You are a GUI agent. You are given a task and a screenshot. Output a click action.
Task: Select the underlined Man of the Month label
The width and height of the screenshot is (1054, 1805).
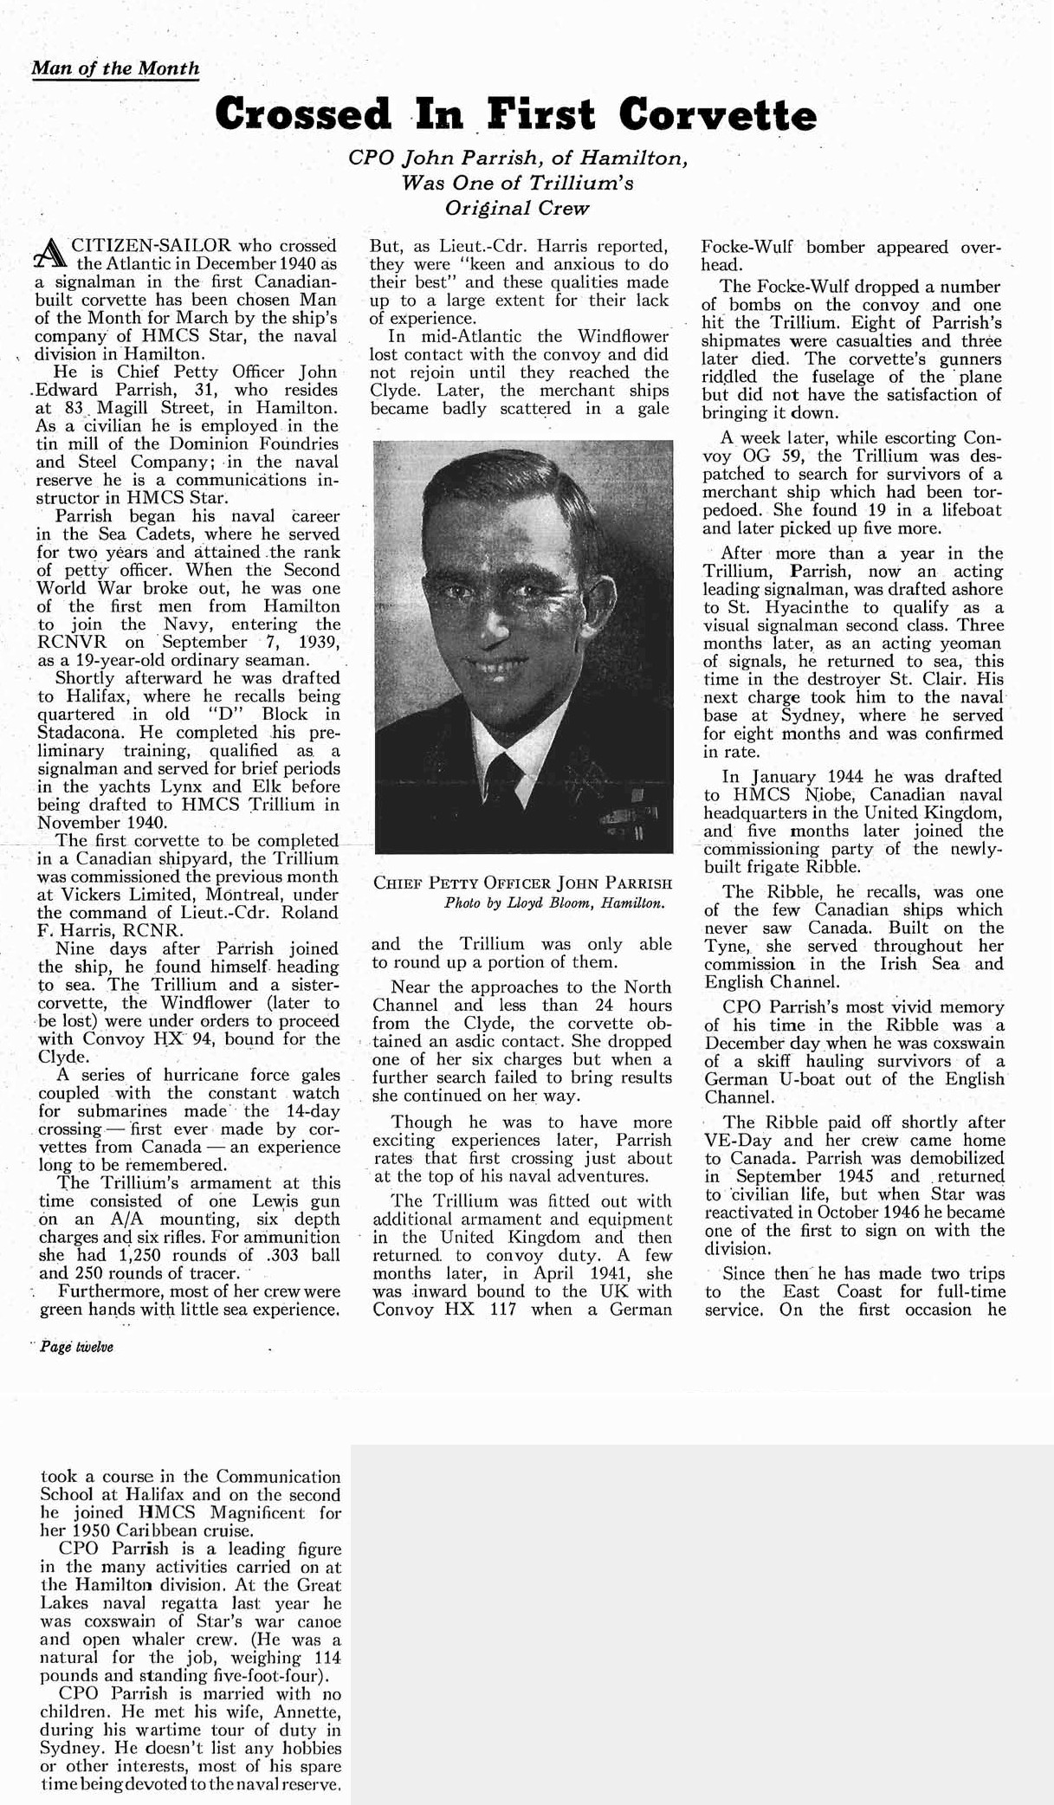(115, 68)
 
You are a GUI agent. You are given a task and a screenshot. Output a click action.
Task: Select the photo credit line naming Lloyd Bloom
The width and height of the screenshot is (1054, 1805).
(554, 902)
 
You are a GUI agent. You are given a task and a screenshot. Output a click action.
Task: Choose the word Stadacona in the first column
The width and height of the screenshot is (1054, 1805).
(79, 732)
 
